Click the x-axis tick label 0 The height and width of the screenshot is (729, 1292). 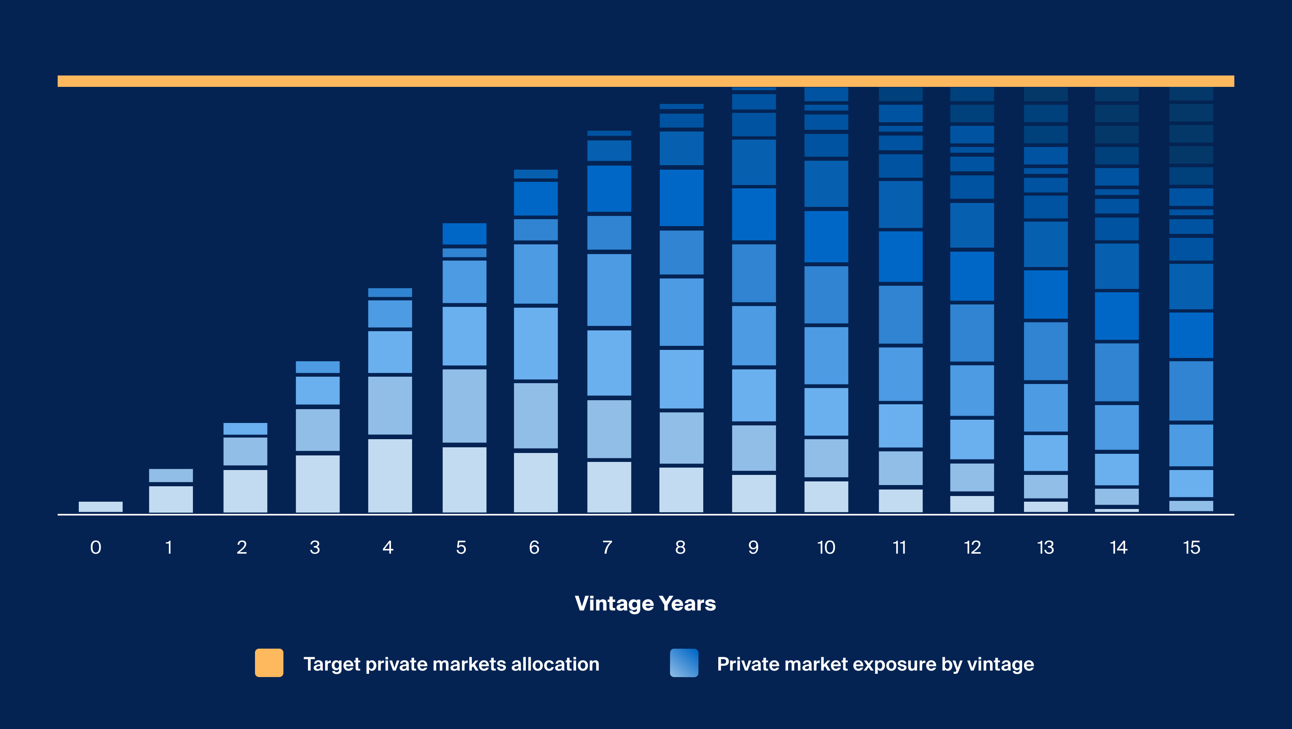click(x=95, y=547)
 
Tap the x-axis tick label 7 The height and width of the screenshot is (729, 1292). click(x=607, y=547)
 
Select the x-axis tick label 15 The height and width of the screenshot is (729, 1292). click(x=1191, y=547)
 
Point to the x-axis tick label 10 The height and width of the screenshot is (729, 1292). click(x=826, y=547)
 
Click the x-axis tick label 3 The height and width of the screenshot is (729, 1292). click(x=315, y=547)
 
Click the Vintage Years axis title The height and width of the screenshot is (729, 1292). click(x=645, y=603)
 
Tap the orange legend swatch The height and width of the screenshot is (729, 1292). click(x=269, y=663)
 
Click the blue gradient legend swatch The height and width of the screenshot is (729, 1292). click(x=684, y=663)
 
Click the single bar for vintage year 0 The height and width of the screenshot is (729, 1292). click(x=100, y=507)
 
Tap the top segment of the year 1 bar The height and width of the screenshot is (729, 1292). click(x=171, y=475)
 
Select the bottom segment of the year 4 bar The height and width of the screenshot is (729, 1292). click(x=390, y=475)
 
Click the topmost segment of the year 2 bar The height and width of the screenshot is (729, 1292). click(x=245, y=429)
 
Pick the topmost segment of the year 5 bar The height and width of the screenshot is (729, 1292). click(x=464, y=234)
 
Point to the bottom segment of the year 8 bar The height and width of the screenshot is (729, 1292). click(x=681, y=490)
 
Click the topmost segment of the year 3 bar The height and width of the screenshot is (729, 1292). click(x=317, y=367)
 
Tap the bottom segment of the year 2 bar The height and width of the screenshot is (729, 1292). click(x=245, y=491)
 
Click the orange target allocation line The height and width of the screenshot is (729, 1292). click(x=646, y=81)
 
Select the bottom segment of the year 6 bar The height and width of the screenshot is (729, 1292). click(x=535, y=482)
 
